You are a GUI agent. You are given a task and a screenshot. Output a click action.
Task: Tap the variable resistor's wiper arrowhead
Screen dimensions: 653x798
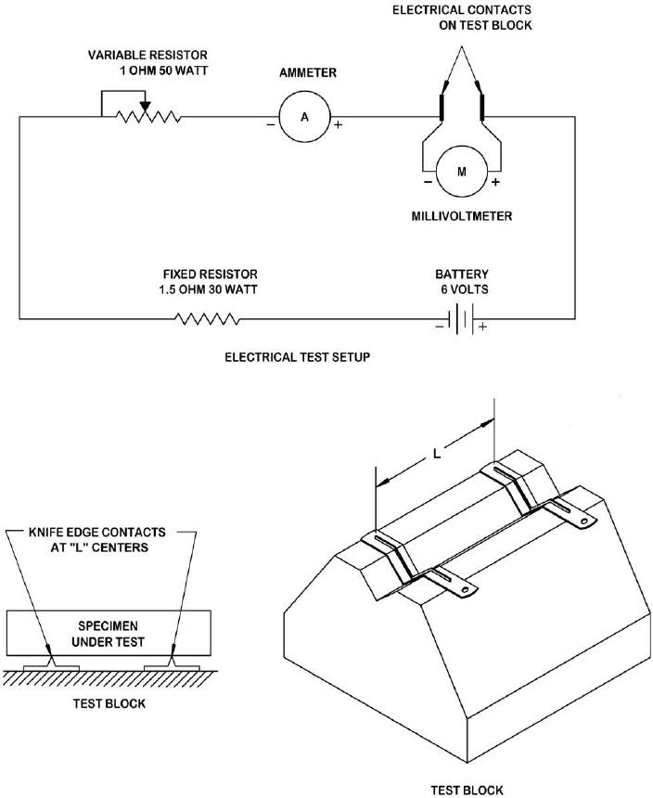[146, 107]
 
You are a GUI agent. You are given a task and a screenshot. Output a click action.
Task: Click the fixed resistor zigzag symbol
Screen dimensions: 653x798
[207, 319]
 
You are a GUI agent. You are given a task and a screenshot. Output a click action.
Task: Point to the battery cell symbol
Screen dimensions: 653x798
[462, 319]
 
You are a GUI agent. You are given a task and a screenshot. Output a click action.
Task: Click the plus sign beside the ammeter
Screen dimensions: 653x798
[339, 124]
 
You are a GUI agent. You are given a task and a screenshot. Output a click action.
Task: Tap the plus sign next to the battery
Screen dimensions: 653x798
[482, 327]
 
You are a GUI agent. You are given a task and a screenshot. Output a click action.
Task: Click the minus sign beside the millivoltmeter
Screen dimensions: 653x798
[428, 182]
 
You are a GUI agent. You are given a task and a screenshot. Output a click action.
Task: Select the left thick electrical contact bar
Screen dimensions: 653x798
[442, 107]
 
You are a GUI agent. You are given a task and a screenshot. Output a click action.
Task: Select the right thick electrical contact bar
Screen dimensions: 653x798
[482, 107]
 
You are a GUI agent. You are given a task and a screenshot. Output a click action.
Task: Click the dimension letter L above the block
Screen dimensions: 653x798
[437, 453]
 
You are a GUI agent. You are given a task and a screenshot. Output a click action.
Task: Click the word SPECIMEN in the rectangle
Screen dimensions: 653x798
[108, 626]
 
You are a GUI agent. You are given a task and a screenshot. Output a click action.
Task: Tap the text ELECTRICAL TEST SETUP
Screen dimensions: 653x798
[298, 357]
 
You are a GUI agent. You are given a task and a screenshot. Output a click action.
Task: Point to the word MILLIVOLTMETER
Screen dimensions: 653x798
[462, 216]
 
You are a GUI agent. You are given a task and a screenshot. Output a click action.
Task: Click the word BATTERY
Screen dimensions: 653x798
[462, 275]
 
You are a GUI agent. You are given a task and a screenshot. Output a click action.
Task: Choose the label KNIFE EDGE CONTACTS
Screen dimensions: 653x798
[97, 533]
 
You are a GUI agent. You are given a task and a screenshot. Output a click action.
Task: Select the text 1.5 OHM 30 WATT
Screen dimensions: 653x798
[208, 290]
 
